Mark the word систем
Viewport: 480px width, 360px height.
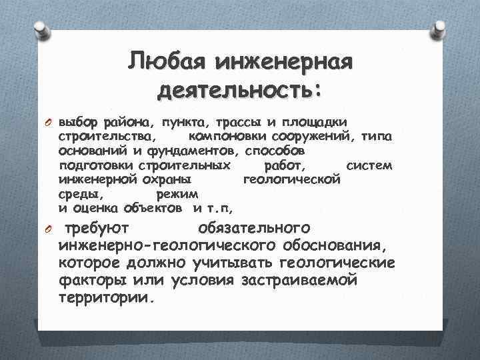tap(370, 165)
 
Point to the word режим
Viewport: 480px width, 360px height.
tap(177, 194)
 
